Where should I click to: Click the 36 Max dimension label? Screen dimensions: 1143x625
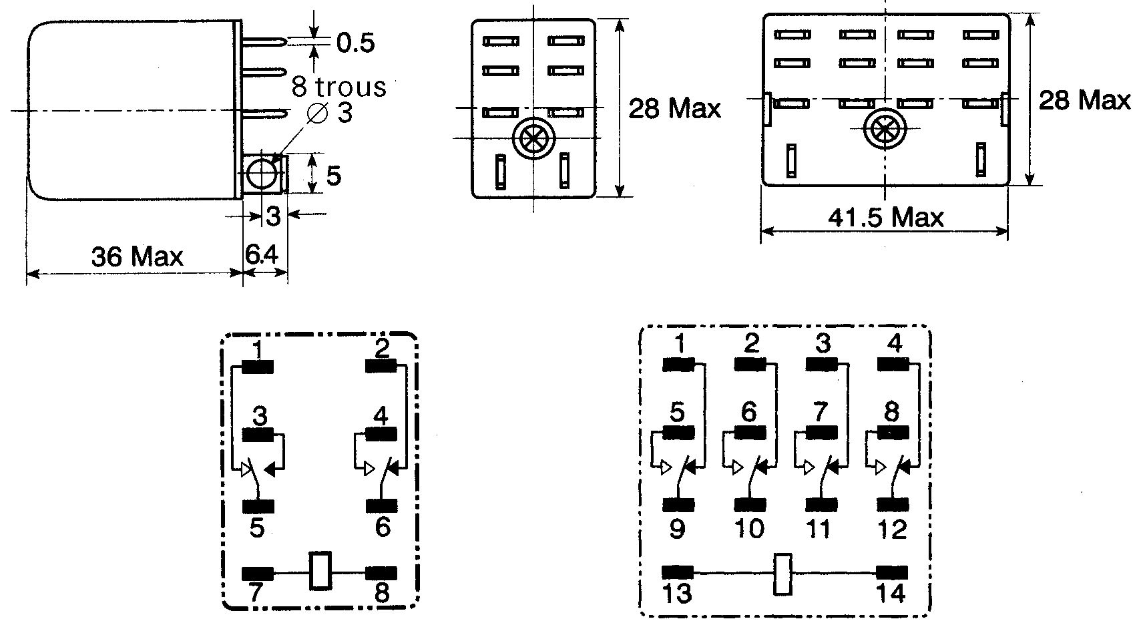click(137, 256)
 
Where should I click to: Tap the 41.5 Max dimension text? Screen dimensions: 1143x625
click(885, 218)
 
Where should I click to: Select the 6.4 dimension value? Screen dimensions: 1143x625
click(261, 254)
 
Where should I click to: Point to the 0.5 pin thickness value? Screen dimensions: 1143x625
click(356, 43)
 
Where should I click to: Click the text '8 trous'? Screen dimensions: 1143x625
click(338, 86)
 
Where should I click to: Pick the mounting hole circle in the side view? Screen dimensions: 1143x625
click(261, 174)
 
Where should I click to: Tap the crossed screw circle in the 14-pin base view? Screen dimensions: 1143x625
click(885, 129)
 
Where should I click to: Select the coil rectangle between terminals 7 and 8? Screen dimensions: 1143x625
click(320, 571)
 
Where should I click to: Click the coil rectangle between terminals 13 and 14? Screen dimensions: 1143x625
click(782, 574)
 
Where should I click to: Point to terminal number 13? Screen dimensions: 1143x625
click(677, 594)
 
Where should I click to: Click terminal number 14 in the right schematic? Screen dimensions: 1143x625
click(891, 594)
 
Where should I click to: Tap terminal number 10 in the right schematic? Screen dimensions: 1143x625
click(749, 529)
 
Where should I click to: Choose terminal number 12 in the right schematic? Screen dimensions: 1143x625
click(892, 529)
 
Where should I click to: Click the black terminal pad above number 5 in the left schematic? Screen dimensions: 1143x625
click(258, 506)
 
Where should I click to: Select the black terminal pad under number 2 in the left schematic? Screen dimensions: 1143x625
click(381, 367)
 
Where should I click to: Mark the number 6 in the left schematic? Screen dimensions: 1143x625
click(383, 527)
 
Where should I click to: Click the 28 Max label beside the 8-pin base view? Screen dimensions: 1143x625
click(674, 109)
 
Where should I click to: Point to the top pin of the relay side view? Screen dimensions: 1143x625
click(264, 41)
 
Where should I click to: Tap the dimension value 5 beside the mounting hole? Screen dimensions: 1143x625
click(333, 176)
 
